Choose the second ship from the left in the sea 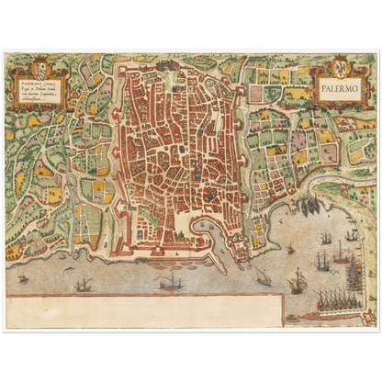[x=84, y=284]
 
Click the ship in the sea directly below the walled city [x=169, y=282]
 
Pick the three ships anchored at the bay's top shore [x=310, y=204]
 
